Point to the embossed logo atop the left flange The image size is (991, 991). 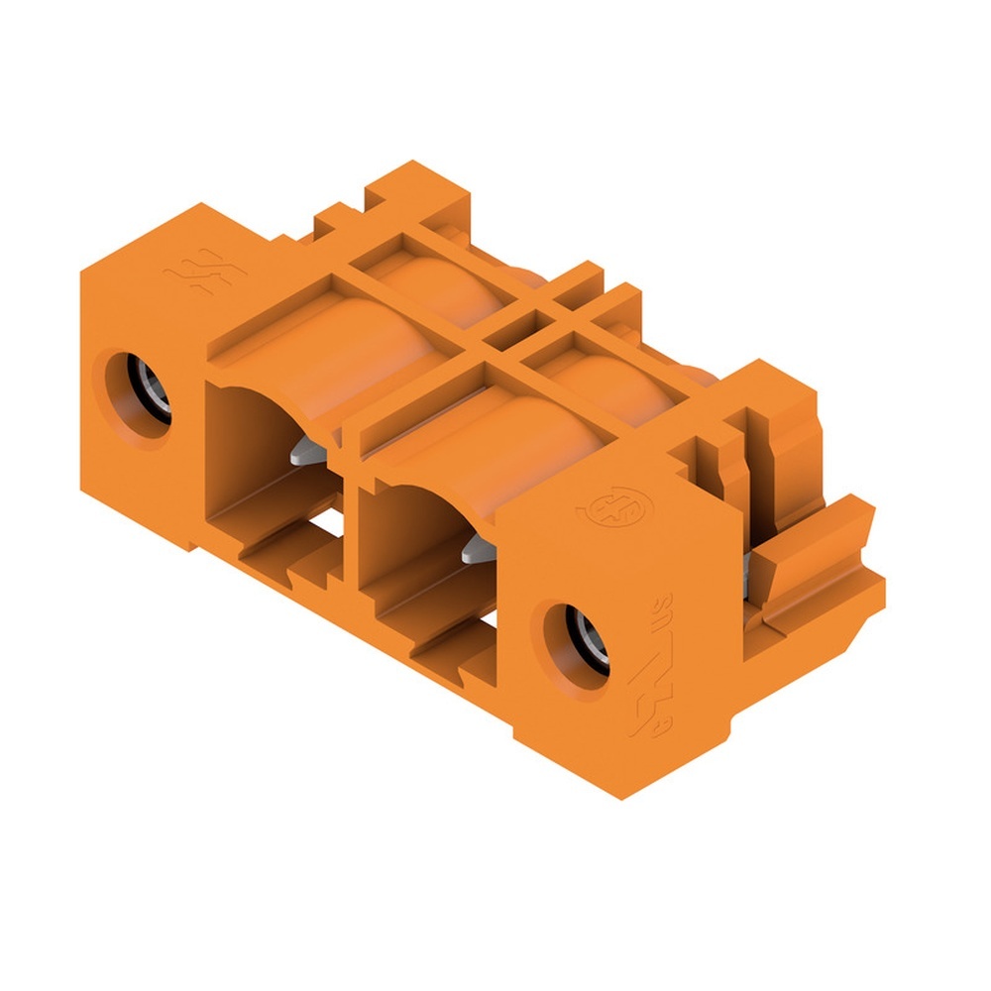click(x=190, y=268)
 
